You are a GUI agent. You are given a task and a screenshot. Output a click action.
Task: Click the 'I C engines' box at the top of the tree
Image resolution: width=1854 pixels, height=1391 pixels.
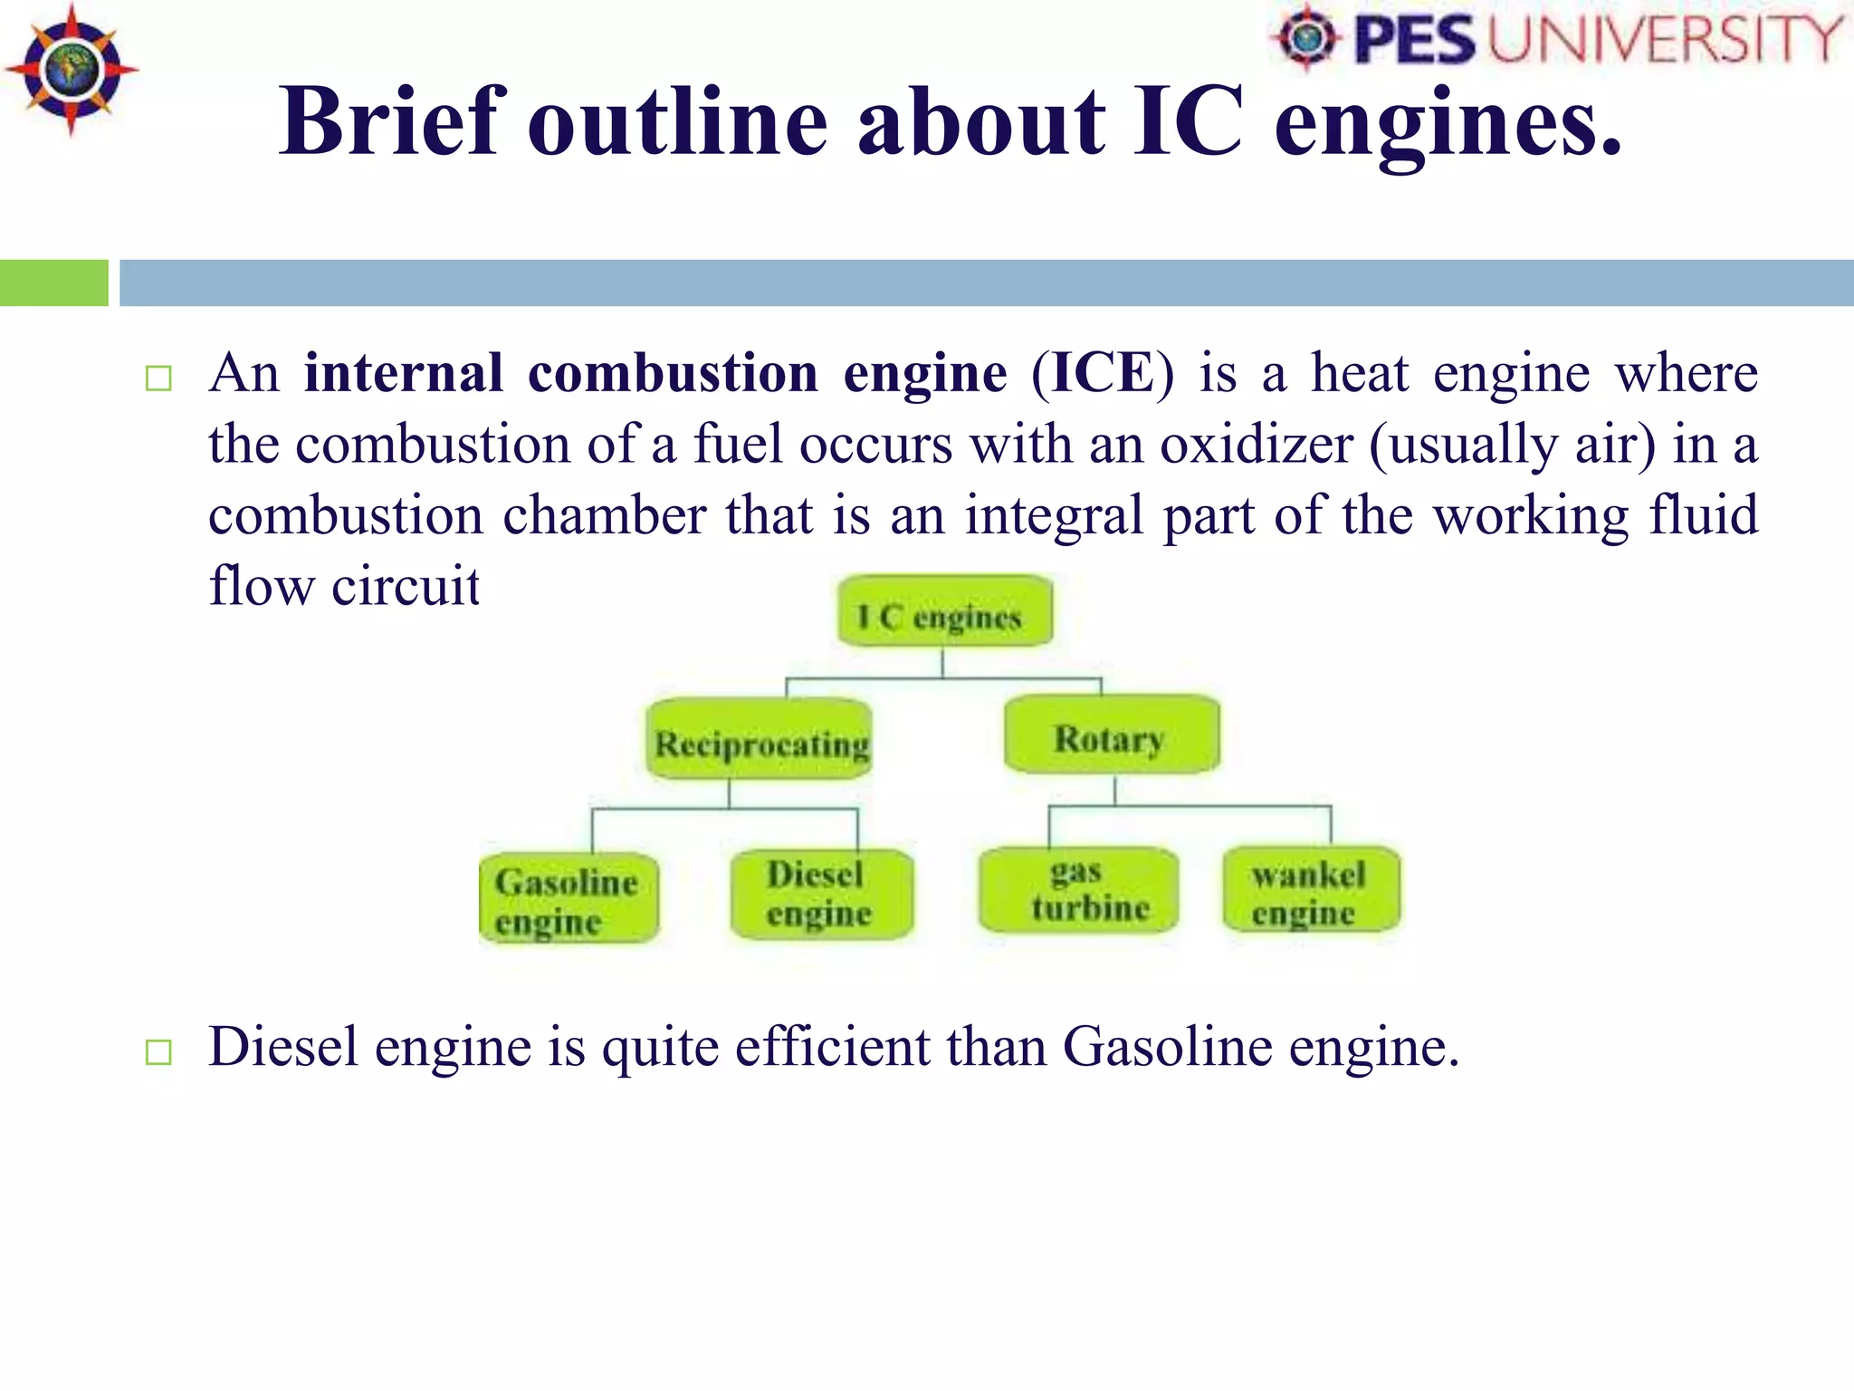(x=944, y=613)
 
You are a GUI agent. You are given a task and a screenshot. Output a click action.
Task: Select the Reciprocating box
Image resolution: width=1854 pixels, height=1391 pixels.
(x=760, y=740)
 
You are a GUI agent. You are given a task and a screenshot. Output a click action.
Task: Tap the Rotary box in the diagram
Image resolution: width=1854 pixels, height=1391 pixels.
(x=1112, y=735)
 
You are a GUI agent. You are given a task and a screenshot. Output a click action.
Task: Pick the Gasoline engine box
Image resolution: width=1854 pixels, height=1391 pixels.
(x=569, y=898)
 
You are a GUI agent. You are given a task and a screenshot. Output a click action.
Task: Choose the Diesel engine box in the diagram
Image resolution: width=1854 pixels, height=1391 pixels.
(x=821, y=894)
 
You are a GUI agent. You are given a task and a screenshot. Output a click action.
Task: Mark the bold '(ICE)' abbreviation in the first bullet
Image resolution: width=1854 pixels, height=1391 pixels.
(x=1102, y=373)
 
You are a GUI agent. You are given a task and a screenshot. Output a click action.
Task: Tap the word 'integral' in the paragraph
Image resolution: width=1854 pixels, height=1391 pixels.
(x=1054, y=515)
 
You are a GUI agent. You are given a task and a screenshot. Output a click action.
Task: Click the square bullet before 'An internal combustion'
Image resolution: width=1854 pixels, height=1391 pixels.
(x=158, y=379)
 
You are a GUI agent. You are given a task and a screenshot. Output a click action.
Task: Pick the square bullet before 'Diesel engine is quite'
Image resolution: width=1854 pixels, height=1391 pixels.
(x=158, y=1052)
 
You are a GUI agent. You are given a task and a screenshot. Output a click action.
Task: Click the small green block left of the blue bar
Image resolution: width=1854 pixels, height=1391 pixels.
(x=53, y=283)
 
